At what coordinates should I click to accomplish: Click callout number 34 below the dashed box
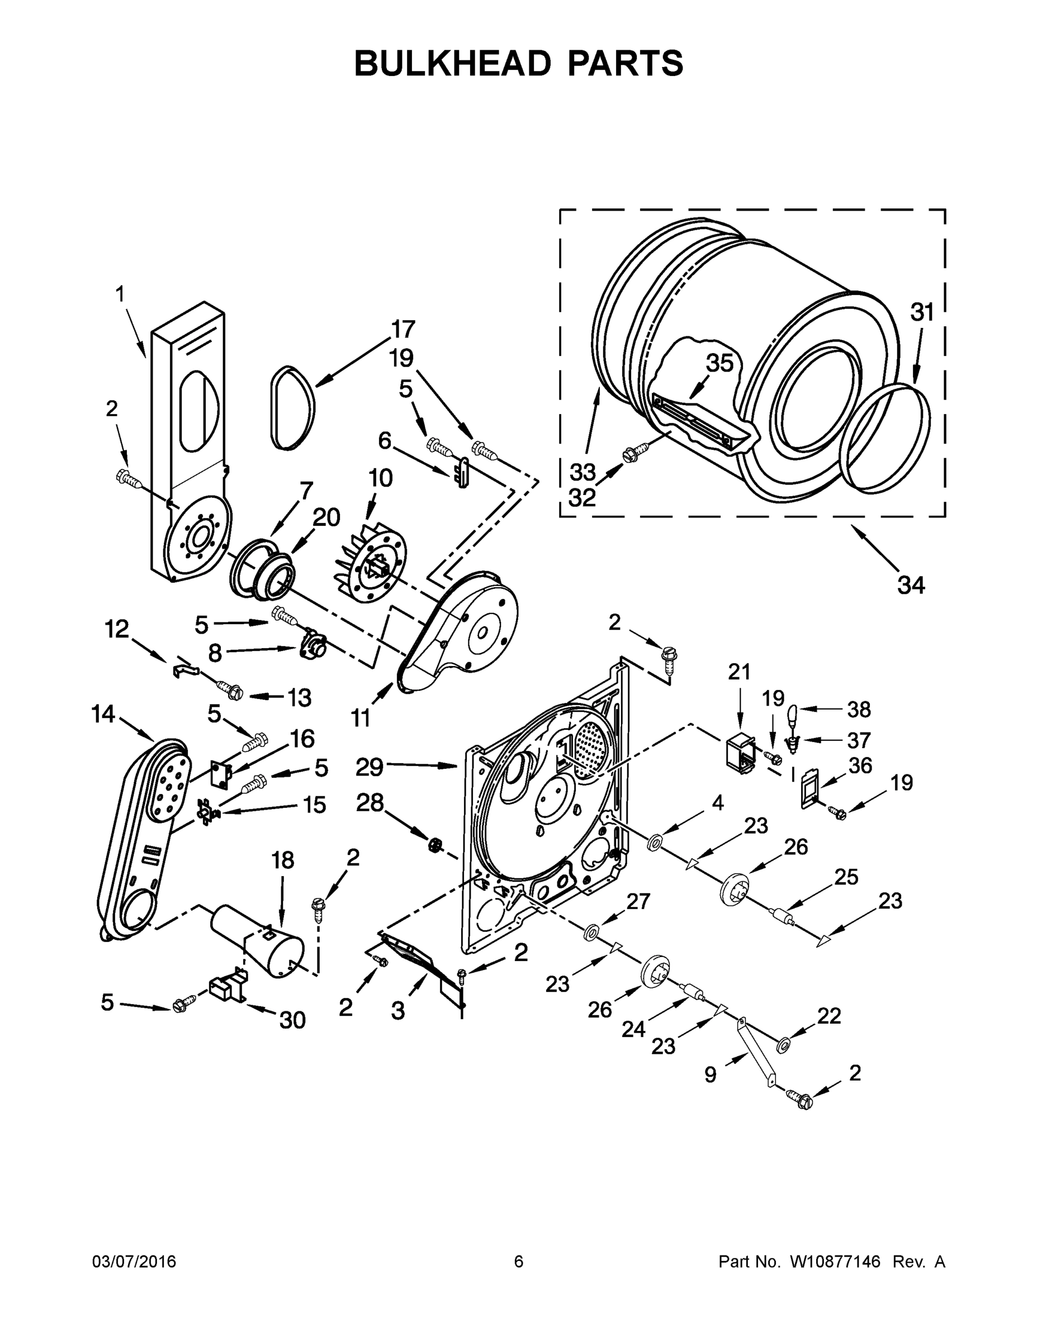point(911,585)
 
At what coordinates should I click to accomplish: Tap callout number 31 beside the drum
point(921,312)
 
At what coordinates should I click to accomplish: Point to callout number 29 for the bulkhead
point(370,766)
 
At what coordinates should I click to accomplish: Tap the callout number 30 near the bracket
point(292,1020)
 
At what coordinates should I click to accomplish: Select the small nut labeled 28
point(435,845)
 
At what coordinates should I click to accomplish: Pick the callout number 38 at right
point(859,709)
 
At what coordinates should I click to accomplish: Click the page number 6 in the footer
point(519,1261)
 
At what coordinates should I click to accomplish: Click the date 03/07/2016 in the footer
point(134,1261)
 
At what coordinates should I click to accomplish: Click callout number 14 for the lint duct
point(103,714)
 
